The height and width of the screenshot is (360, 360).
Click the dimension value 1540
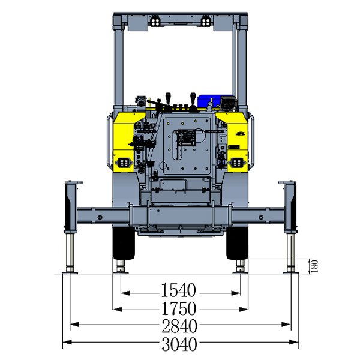pyautogui.click(x=178, y=290)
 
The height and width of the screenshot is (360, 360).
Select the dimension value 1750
pyautogui.click(x=179, y=308)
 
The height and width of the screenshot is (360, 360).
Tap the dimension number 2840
pyautogui.click(x=179, y=326)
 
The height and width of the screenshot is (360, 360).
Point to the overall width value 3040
pyautogui.click(x=179, y=344)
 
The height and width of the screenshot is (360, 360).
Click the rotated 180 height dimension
pyautogui.click(x=314, y=266)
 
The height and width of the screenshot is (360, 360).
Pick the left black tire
pyautogui.click(x=124, y=243)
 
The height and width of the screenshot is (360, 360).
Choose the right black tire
pyautogui.click(x=237, y=243)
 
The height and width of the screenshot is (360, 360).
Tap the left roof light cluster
pyautogui.click(x=155, y=22)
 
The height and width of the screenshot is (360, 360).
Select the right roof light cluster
pyautogui.click(x=206, y=22)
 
